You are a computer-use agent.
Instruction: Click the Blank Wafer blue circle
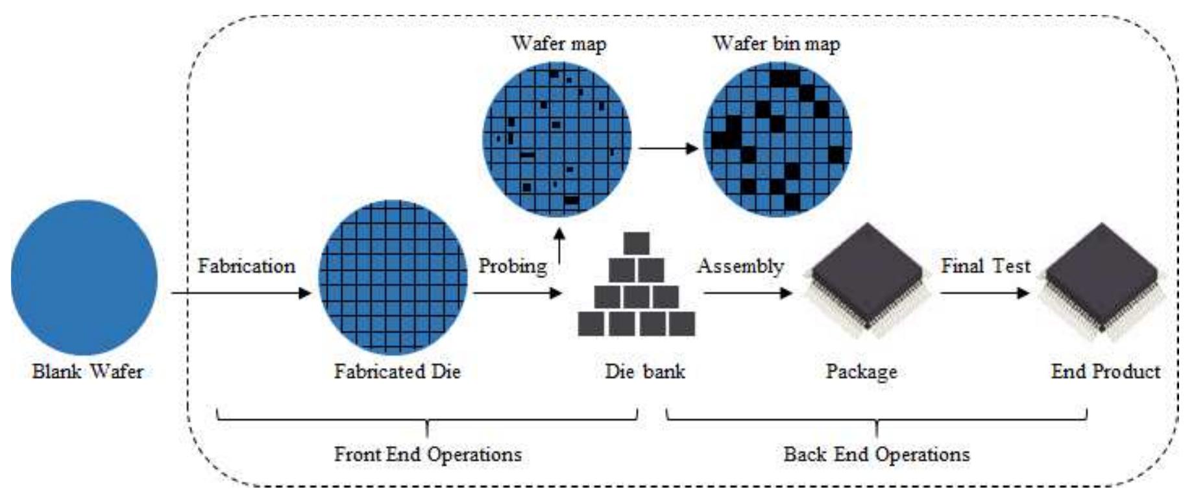84,277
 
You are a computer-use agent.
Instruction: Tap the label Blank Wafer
88,371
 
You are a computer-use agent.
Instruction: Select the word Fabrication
246,266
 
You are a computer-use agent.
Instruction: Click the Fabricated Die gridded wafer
393,277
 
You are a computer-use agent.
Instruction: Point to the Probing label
512,266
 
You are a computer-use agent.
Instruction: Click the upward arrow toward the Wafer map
559,245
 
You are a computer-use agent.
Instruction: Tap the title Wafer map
559,44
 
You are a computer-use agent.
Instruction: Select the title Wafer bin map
776,44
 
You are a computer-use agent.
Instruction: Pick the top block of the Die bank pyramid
636,243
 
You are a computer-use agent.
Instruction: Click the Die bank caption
644,371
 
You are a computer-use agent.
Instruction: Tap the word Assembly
740,266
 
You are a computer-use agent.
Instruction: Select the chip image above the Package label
866,279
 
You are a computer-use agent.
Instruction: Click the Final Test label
985,266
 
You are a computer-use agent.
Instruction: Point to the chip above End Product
1103,279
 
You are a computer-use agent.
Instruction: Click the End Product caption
1105,371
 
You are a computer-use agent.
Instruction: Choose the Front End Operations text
428,454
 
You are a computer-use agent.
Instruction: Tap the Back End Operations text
876,454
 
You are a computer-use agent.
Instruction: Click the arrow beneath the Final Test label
984,293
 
